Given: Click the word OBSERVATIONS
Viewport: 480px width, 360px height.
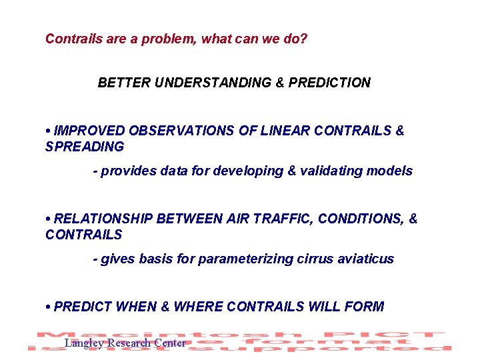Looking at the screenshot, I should pyautogui.click(x=179, y=131).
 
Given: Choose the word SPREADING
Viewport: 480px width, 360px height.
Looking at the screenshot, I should pyautogui.click(x=85, y=146).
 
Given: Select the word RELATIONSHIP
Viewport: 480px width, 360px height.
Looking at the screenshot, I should pyautogui.click(x=105, y=219).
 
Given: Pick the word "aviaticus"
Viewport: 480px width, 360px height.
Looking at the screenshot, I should pyautogui.click(x=365, y=259).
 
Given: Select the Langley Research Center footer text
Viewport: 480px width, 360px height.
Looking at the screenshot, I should pyautogui.click(x=125, y=343).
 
